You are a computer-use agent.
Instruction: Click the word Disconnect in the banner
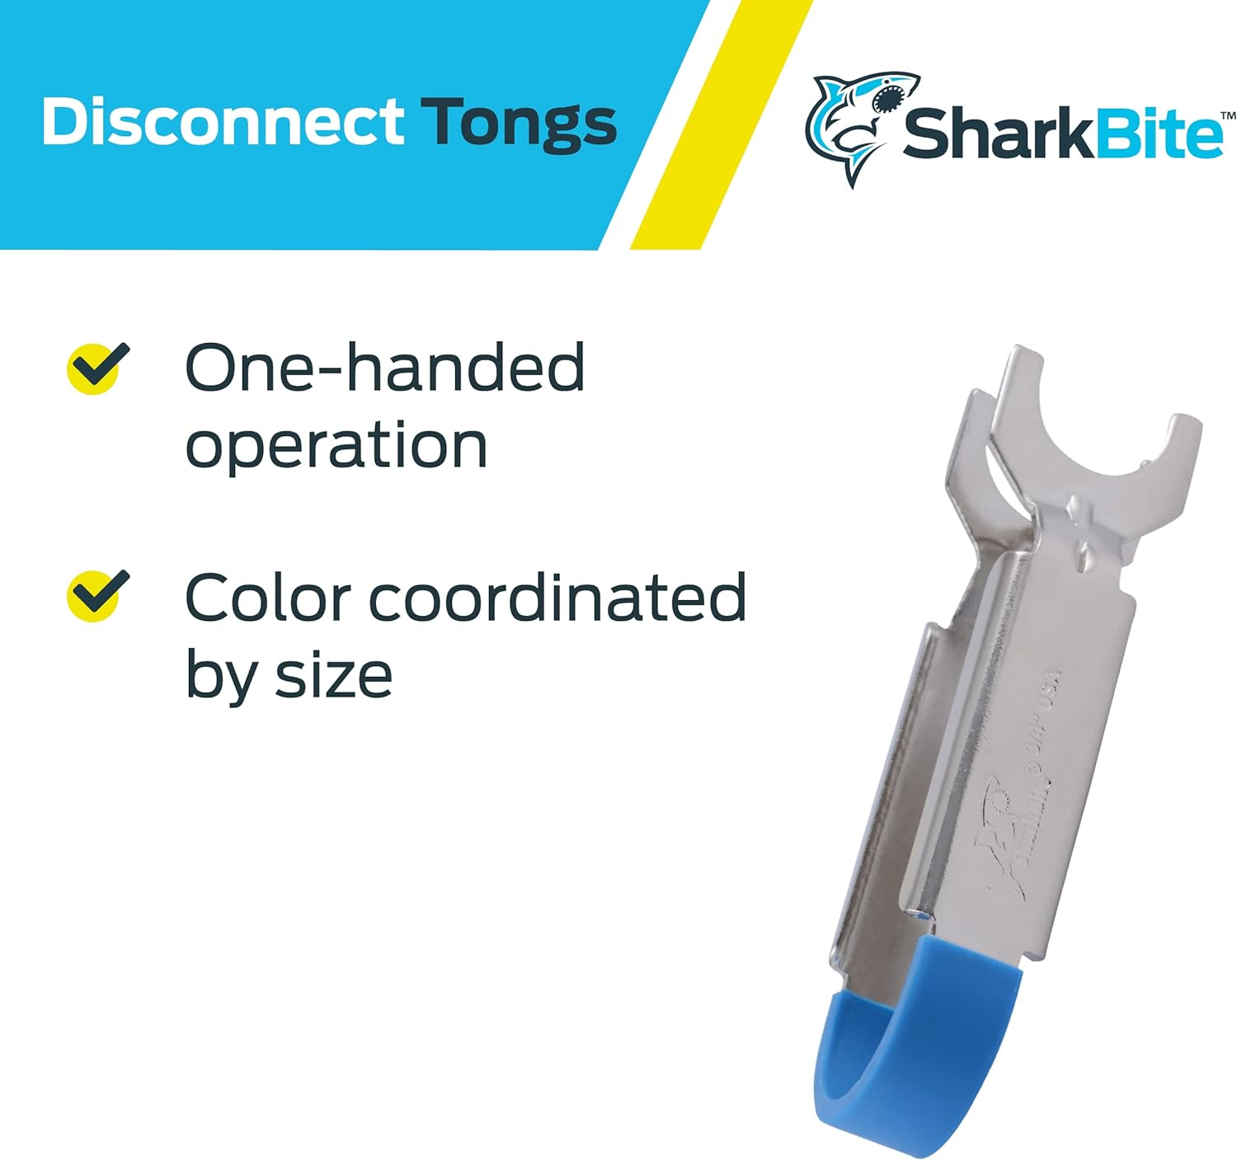[x=222, y=123]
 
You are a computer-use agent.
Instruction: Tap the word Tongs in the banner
[x=519, y=124]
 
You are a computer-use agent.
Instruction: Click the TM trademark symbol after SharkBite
[x=1227, y=117]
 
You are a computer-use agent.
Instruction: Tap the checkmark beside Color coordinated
[x=98, y=594]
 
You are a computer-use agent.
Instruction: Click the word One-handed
[x=384, y=368]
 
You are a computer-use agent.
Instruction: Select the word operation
[x=336, y=446]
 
